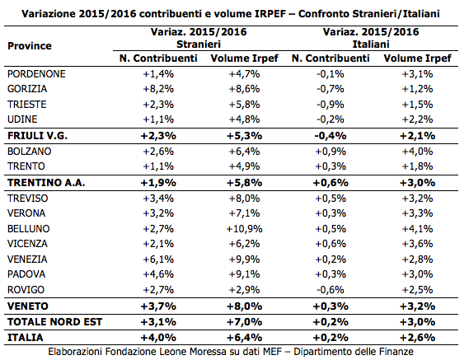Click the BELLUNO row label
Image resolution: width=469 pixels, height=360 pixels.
(28, 229)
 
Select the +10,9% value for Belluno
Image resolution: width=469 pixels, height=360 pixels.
(244, 229)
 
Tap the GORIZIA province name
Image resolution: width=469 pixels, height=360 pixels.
(27, 89)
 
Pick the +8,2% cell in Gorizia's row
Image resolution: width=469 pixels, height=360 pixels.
(158, 89)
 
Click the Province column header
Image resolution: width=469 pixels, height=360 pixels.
(30, 46)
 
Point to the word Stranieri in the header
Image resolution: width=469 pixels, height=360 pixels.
(199, 44)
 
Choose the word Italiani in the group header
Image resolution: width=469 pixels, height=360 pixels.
(371, 44)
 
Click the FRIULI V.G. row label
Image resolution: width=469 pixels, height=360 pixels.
(37, 136)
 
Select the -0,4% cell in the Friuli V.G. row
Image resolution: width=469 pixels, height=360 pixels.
(331, 136)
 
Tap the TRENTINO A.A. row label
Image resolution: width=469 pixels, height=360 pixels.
(46, 183)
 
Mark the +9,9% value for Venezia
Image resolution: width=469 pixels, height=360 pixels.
(244, 259)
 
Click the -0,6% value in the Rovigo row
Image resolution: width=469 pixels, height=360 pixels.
(331, 290)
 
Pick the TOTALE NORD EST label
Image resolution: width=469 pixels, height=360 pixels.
(54, 322)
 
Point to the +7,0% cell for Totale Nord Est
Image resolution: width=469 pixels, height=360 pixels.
(244, 322)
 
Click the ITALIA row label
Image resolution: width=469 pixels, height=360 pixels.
(26, 337)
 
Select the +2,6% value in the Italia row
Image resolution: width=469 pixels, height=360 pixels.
(418, 337)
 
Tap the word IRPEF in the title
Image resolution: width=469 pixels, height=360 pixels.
(270, 14)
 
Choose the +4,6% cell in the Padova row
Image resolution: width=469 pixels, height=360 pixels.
(158, 274)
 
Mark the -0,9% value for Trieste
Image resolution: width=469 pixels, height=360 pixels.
(331, 105)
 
